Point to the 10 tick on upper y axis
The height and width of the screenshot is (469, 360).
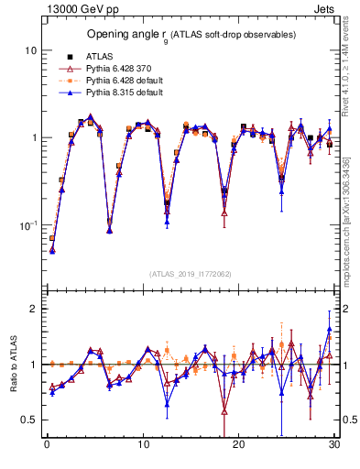(x=30, y=50)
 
